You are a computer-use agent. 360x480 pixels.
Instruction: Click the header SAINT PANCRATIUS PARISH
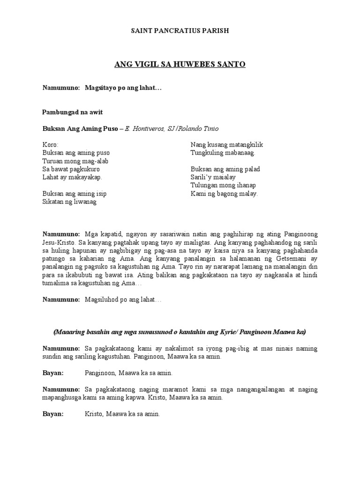tap(180, 31)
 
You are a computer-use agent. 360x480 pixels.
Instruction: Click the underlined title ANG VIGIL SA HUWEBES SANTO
tap(180, 64)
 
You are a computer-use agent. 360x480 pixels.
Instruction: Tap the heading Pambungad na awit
tap(72, 112)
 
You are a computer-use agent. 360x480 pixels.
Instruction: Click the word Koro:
tap(51, 145)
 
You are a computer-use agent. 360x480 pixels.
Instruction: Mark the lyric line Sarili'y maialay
tap(213, 177)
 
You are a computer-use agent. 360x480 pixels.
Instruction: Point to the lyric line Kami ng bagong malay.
tap(224, 194)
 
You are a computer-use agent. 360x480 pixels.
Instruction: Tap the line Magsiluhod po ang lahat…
tap(123, 300)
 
